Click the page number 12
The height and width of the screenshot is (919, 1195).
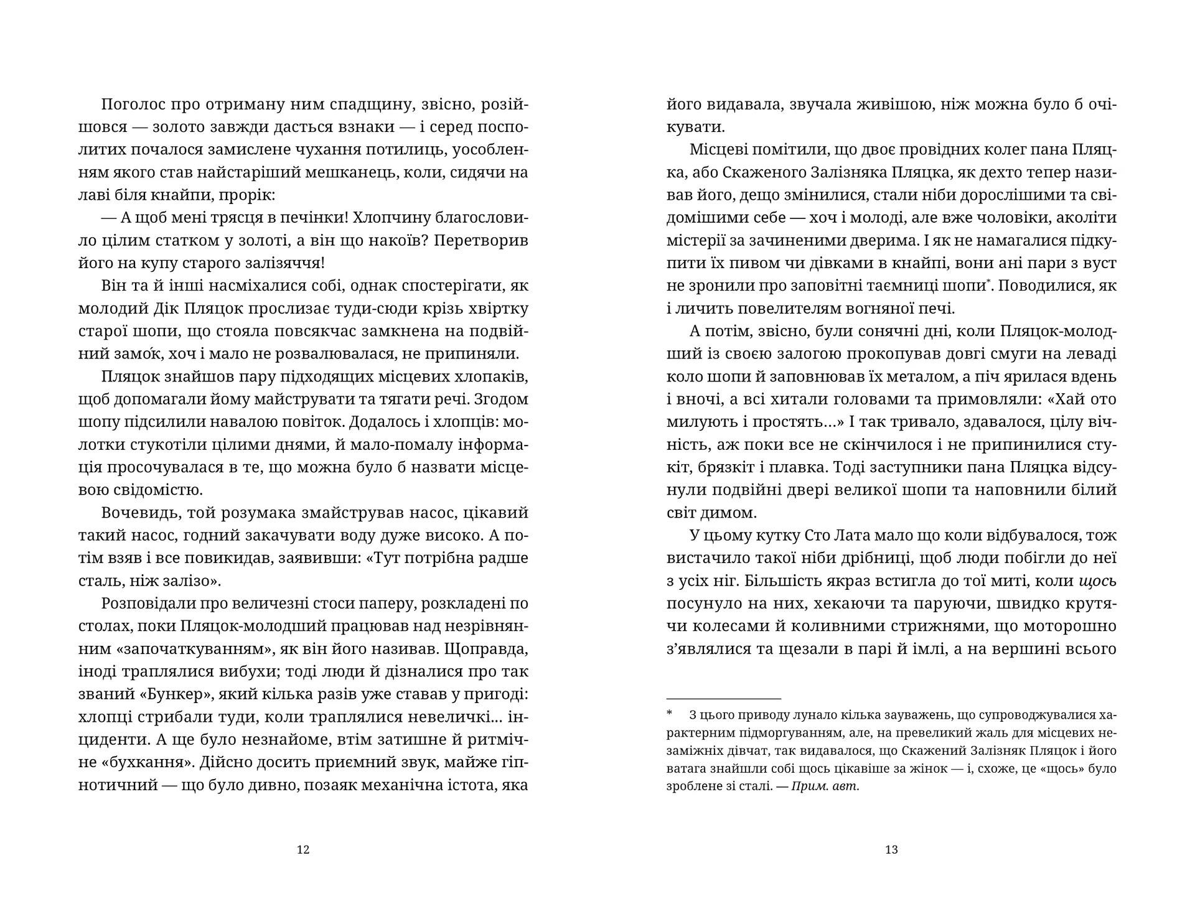303,849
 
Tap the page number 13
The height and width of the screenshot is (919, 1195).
891,849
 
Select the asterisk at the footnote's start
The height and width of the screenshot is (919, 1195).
670,714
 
